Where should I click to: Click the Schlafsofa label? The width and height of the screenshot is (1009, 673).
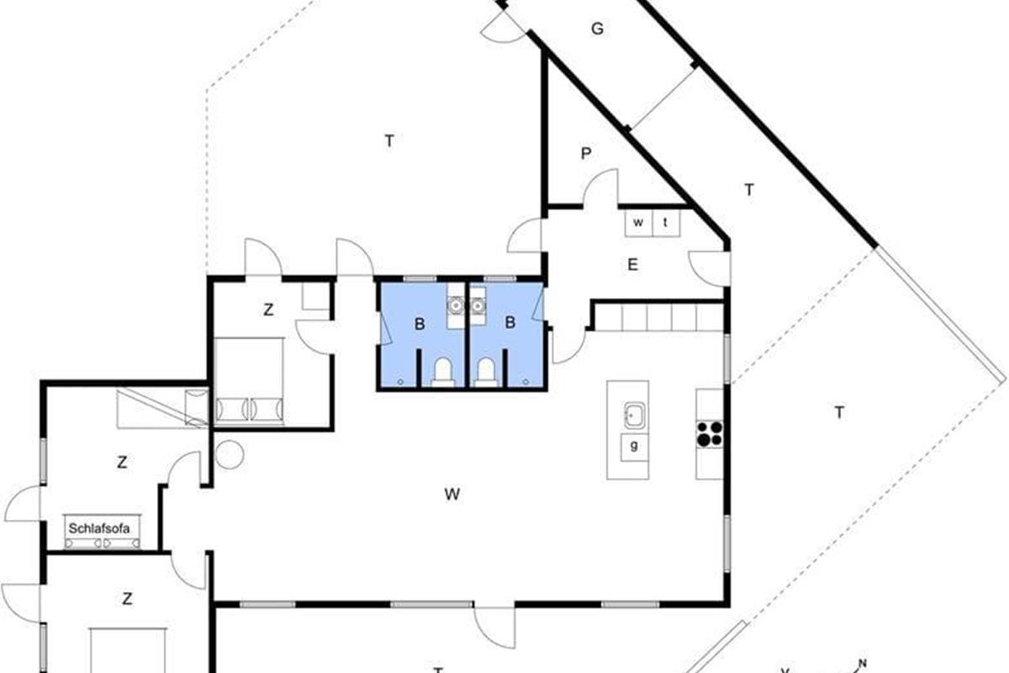coord(99,528)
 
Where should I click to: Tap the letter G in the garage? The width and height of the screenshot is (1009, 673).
coord(597,29)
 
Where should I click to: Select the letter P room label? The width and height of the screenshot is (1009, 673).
coord(585,154)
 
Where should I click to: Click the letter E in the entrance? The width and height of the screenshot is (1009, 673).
coord(632,265)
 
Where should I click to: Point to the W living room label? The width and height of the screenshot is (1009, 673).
coord(452,495)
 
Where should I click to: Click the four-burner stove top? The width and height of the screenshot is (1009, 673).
coord(710,433)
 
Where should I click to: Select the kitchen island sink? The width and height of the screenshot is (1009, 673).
coord(634,416)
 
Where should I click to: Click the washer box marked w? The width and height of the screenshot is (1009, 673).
coord(638,223)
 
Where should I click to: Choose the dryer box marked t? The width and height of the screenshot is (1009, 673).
coord(666,223)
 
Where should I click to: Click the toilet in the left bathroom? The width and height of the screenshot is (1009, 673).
coord(443,373)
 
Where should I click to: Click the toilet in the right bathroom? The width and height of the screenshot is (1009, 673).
coord(486,373)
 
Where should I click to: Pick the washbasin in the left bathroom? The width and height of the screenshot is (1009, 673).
coord(456,305)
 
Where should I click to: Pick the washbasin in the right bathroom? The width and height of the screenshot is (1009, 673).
coord(478,306)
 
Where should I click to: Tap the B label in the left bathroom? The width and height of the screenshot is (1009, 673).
coord(420,324)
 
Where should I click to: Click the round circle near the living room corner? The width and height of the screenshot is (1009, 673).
coord(230,454)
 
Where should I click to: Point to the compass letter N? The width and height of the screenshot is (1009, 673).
coord(862,664)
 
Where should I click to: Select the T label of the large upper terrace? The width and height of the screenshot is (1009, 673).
coord(389,141)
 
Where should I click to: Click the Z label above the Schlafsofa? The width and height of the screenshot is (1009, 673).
coord(122,463)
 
